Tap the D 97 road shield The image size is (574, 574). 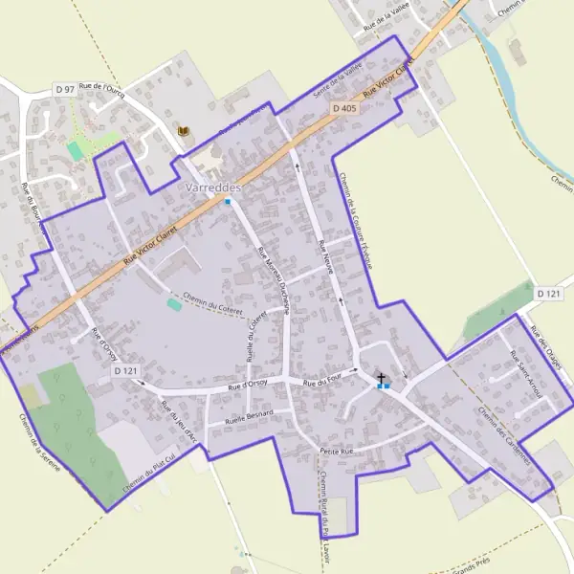pyautogui.click(x=65, y=89)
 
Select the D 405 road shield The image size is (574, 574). pyautogui.click(x=344, y=109)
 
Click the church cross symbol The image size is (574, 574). pyautogui.click(x=381, y=379)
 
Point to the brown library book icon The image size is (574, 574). pyautogui.click(x=184, y=130)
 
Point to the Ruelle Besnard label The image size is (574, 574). pyautogui.click(x=249, y=416)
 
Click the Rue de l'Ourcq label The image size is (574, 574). pyautogui.click(x=102, y=87)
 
